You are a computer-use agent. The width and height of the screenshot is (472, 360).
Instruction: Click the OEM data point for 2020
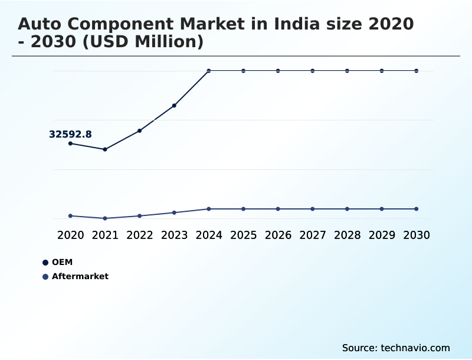(x=70, y=143)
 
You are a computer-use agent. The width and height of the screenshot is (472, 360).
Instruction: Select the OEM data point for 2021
(x=105, y=149)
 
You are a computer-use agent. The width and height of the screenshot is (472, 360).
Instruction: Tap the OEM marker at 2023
(x=174, y=106)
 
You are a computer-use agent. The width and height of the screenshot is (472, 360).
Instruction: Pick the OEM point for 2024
(x=209, y=71)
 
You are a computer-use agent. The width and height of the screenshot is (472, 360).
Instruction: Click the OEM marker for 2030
(x=416, y=71)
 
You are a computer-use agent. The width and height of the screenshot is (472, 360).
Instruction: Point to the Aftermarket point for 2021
(x=105, y=218)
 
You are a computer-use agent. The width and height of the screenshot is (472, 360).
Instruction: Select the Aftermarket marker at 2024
(x=209, y=209)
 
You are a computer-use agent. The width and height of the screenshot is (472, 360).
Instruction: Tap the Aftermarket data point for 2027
(x=313, y=209)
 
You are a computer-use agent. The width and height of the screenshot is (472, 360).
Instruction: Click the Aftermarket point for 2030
(x=416, y=209)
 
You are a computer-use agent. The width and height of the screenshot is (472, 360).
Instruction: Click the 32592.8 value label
(x=70, y=135)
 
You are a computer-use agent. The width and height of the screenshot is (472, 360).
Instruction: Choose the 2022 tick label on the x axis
(x=140, y=235)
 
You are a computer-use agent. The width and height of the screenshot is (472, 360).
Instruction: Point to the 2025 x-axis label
(x=243, y=235)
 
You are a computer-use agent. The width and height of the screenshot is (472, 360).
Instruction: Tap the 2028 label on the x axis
(x=347, y=235)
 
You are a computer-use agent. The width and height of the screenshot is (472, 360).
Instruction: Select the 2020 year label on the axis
(x=70, y=235)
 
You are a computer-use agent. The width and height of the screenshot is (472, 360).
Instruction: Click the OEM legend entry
(x=62, y=262)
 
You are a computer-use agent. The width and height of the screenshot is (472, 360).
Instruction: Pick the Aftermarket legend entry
(x=80, y=276)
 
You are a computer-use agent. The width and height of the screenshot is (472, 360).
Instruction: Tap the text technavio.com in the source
(x=415, y=348)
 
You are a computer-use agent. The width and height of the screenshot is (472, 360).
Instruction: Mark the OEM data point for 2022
(x=140, y=130)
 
